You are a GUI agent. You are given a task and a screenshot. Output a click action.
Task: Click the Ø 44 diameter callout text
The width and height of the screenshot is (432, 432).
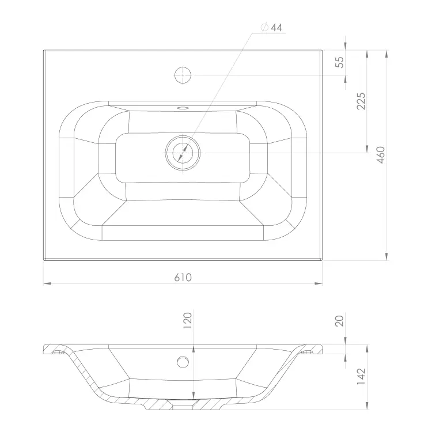271,28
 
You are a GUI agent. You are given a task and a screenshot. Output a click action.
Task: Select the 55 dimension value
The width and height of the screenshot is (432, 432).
340,62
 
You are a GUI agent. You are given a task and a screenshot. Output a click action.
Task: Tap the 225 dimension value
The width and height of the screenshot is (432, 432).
361,101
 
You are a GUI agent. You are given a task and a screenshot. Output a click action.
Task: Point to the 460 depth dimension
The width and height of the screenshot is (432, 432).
381,155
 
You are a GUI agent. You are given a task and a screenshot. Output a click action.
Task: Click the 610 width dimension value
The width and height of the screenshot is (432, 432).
183,278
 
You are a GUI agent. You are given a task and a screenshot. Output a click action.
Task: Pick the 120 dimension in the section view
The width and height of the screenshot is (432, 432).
187,320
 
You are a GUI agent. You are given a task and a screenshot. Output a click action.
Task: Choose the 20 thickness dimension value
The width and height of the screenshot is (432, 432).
340,321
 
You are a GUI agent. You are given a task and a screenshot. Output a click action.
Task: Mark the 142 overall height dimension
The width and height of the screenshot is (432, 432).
361,376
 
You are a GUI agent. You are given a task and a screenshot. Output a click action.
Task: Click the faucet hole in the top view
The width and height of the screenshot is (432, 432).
183,75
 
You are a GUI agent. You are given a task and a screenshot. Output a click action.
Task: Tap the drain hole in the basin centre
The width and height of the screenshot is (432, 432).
183,153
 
